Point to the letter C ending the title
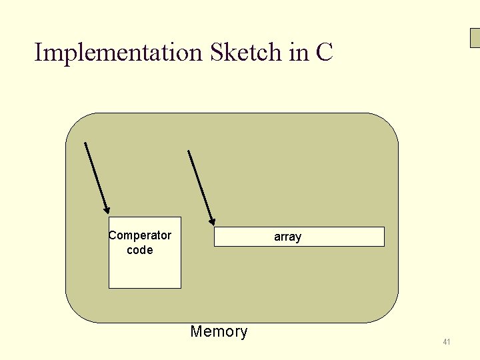click(324, 52)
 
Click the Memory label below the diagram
click(219, 331)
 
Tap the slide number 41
click(446, 342)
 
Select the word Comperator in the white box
click(140, 235)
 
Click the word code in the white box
click(139, 250)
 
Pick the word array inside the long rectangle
click(287, 237)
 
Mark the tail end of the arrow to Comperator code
click(85, 143)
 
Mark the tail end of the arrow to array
click(189, 151)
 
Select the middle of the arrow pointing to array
click(201, 187)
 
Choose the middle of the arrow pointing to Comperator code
click(97, 178)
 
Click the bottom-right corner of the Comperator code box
click(180, 287)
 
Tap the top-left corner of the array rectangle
click(215, 228)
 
